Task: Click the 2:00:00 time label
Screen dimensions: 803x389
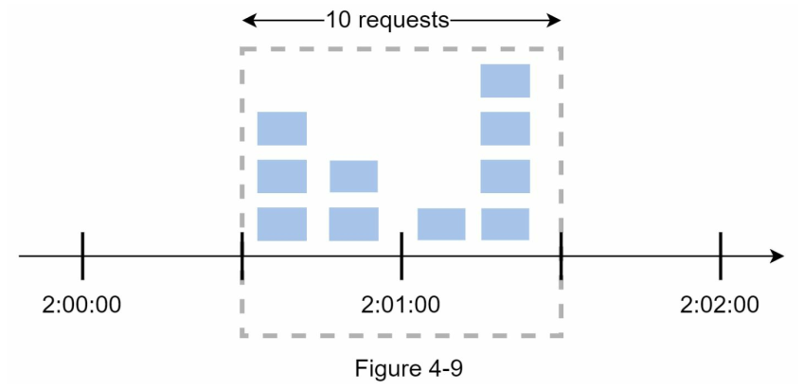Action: tap(81, 306)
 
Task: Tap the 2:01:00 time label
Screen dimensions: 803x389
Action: tap(401, 306)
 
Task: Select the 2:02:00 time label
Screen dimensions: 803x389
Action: tap(720, 306)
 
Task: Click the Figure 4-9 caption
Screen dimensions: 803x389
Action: tap(408, 369)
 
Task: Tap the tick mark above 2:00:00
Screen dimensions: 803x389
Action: tap(82, 256)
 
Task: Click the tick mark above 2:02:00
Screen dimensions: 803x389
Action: tap(720, 256)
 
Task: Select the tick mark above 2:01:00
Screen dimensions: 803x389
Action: tap(401, 256)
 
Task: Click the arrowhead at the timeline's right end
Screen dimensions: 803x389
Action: tap(777, 256)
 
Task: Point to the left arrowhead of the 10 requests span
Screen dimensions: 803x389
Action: tap(249, 21)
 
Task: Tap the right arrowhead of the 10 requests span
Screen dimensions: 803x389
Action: tap(554, 21)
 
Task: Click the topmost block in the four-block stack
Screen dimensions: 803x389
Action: tap(505, 80)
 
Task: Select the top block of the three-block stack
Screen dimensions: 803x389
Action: tap(282, 129)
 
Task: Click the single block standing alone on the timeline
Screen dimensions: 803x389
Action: tap(441, 224)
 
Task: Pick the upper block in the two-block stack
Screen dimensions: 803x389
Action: tap(353, 176)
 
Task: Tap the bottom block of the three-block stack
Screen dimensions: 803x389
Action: tap(282, 224)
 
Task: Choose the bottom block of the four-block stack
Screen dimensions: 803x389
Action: tap(505, 224)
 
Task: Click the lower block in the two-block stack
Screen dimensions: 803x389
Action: tap(354, 224)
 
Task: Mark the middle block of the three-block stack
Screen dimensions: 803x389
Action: tap(282, 177)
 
